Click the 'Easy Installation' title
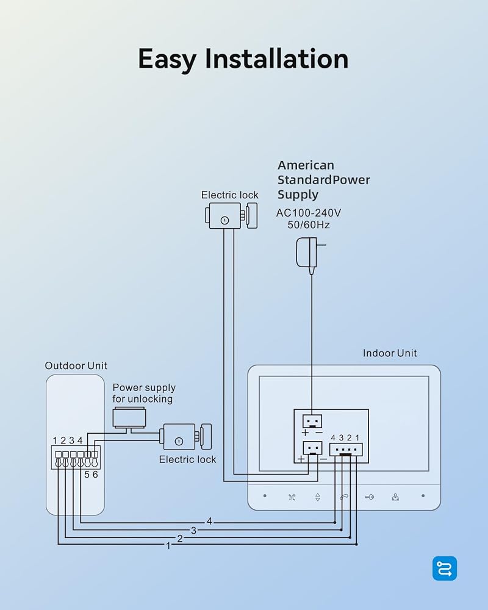coord(243,59)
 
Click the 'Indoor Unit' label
coord(390,353)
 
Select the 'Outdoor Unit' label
coord(76,365)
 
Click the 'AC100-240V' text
coord(309,213)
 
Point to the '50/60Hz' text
coord(309,225)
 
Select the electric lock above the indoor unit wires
coord(231,215)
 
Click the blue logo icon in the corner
coord(445,569)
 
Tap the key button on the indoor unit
coord(369,497)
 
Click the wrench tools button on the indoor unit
coord(292,497)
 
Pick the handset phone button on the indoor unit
coord(344,497)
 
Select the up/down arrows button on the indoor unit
coord(318,497)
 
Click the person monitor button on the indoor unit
coord(395,497)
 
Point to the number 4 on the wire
coord(209,521)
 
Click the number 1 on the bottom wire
coord(168,546)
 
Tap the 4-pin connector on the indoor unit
coord(346,450)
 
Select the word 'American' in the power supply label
coord(306,165)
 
